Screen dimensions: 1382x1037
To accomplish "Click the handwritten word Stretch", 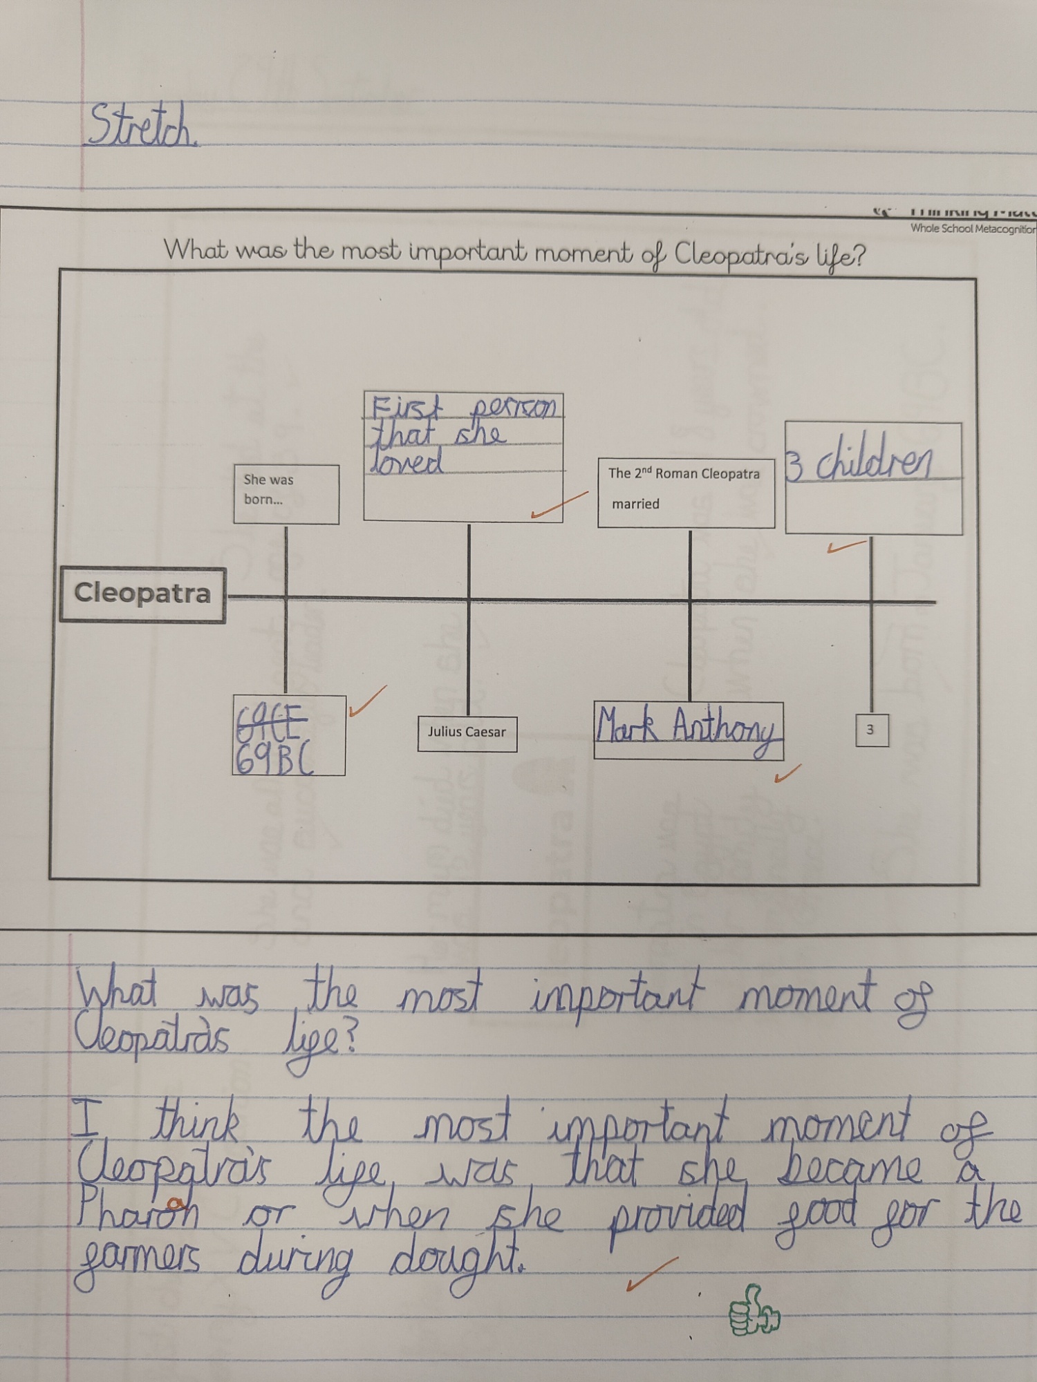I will click(x=141, y=126).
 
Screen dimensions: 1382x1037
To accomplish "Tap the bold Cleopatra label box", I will click(x=142, y=594).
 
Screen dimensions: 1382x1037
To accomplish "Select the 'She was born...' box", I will click(x=286, y=493).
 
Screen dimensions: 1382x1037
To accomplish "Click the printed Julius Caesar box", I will click(x=467, y=732).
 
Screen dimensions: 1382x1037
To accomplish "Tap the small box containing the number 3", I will click(x=870, y=730).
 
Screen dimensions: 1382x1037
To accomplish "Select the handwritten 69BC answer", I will click(x=274, y=760).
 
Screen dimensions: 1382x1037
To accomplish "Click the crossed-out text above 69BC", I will click(x=271, y=721).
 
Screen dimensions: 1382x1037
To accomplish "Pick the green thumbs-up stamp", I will click(x=754, y=1312).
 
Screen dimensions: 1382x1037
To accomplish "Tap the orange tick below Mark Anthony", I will click(x=787, y=774).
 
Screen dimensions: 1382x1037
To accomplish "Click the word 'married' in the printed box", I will click(x=635, y=504).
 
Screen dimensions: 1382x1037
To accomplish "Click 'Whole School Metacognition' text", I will click(x=972, y=229).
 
